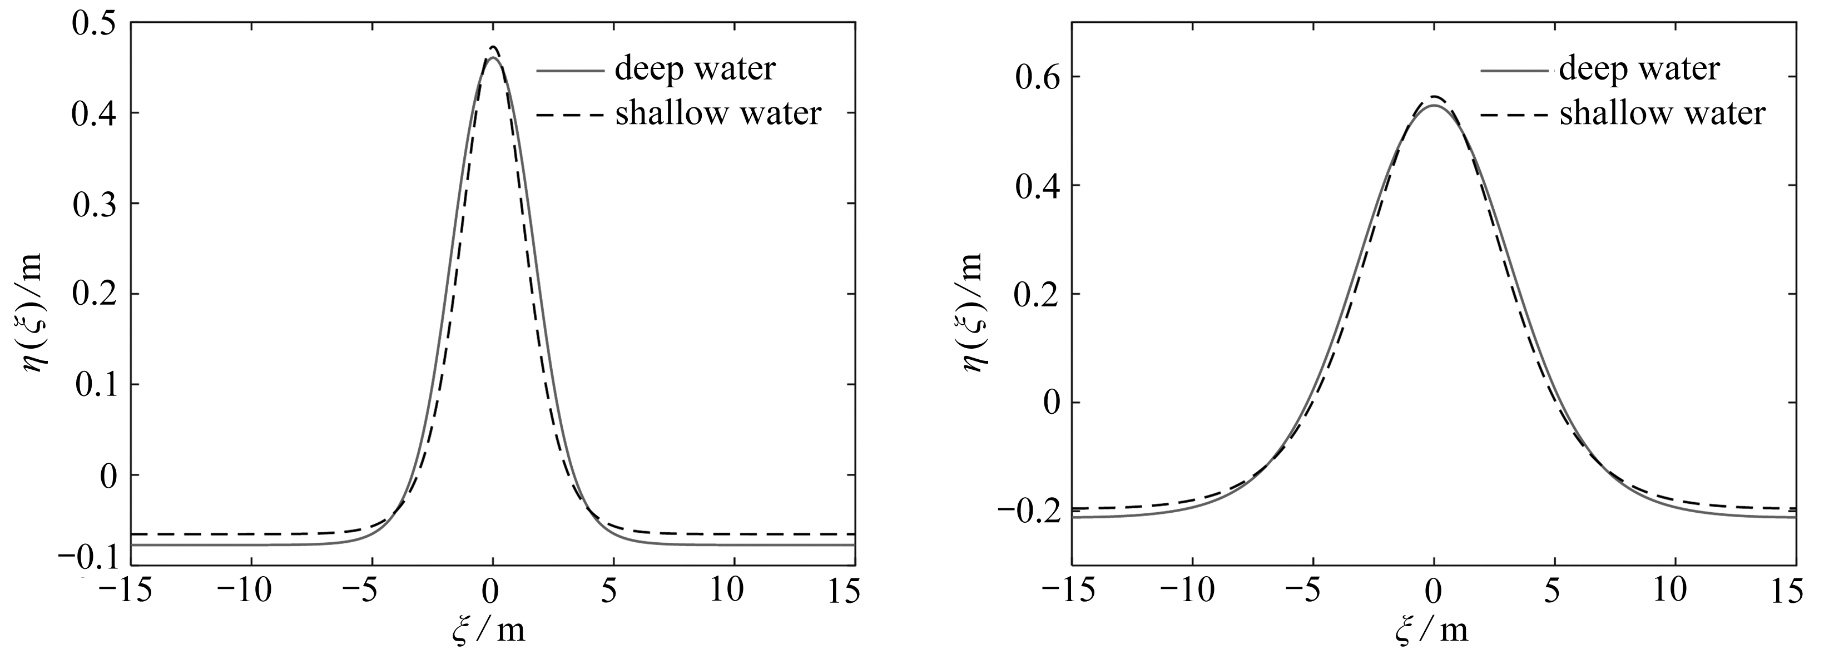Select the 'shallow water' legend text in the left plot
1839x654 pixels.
[x=718, y=114]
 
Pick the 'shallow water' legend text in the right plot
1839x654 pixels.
[x=1662, y=114]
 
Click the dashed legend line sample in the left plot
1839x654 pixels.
[x=569, y=113]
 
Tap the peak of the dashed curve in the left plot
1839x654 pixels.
[x=493, y=48]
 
